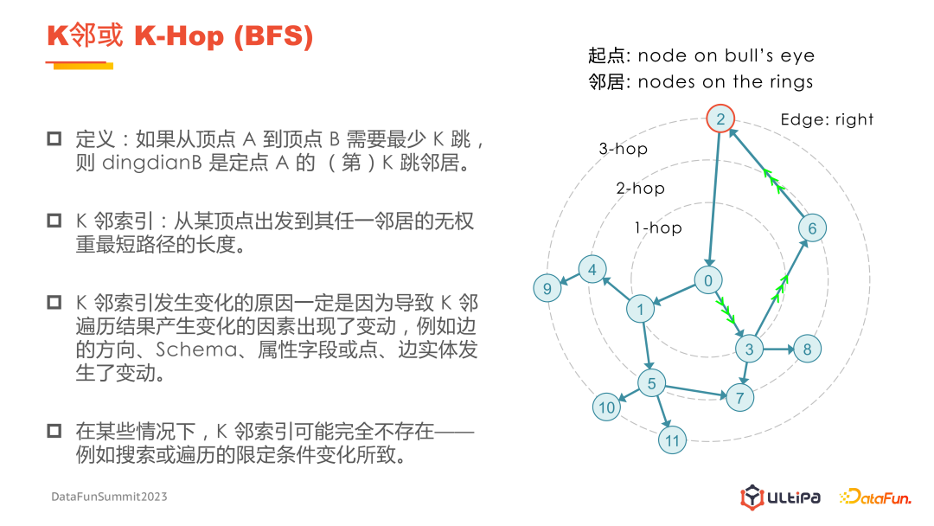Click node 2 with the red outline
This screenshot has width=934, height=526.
coord(721,119)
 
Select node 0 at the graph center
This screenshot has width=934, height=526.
coord(708,280)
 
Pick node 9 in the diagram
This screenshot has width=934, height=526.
coord(547,288)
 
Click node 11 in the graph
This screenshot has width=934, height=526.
coord(673,440)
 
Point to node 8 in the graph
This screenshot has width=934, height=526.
coord(807,350)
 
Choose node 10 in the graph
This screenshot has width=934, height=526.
coord(607,407)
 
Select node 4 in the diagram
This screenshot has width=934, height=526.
coord(592,270)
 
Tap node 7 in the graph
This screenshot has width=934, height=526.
coord(739,398)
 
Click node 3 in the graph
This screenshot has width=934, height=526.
coord(749,350)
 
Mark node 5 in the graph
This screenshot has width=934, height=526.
coord(652,383)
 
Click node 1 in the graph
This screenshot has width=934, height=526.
coord(641,310)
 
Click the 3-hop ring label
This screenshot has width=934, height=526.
coord(623,149)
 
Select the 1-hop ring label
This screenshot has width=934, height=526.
coord(657,228)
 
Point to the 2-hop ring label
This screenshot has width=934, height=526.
coord(640,188)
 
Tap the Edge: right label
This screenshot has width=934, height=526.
coord(827,119)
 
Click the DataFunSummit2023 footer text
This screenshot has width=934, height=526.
coord(109,497)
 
